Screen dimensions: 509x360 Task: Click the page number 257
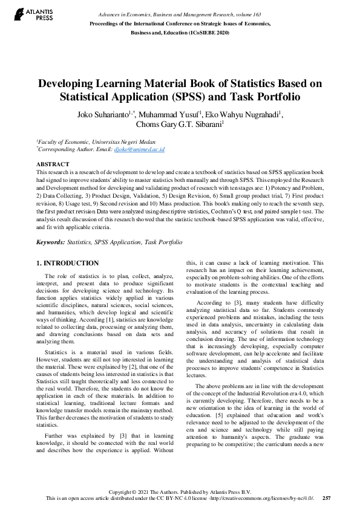click(327, 499)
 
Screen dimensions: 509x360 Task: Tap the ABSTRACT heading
click(53, 164)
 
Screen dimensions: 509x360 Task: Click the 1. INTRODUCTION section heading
click(67, 263)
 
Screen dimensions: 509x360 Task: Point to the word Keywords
click(50, 242)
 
